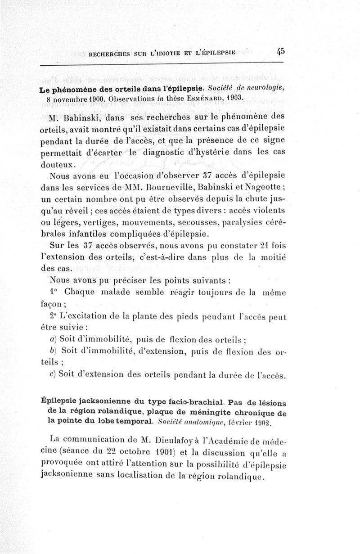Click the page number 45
point(280,52)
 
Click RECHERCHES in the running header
point(112,55)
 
